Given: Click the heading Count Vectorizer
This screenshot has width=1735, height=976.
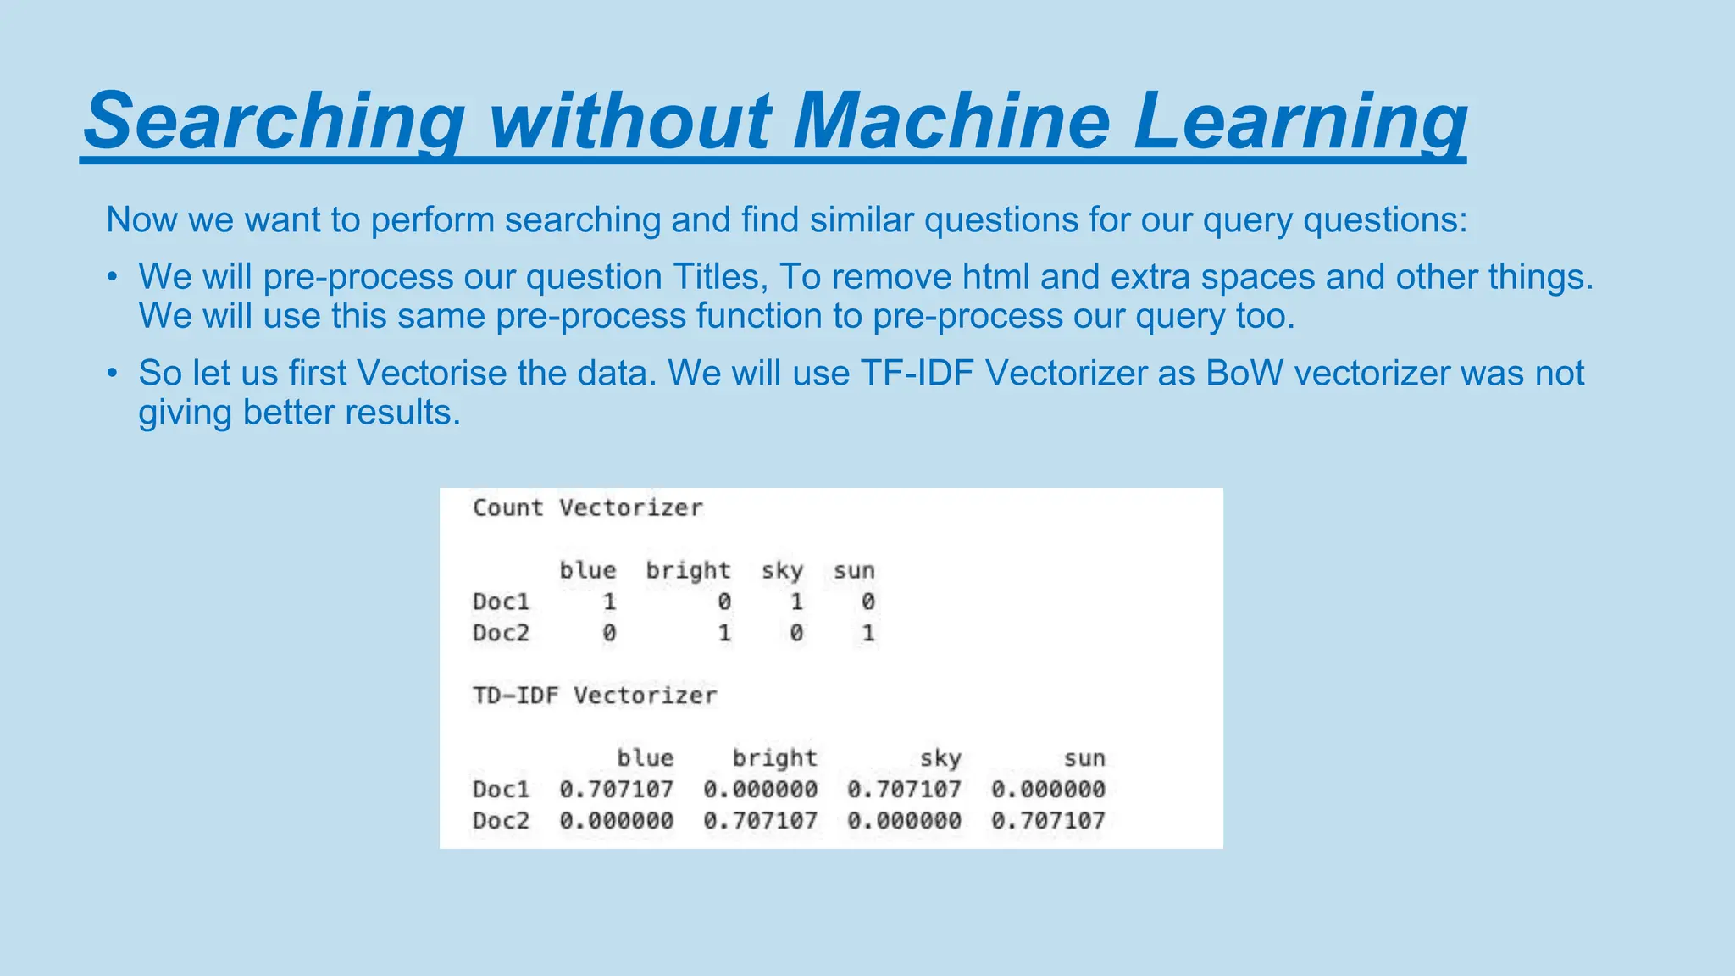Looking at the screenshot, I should click(587, 507).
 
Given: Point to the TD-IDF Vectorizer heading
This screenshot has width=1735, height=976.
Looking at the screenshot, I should click(595, 696).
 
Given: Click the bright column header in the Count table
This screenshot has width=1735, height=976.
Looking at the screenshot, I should click(688, 571).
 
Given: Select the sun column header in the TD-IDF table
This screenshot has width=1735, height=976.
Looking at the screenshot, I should click(1084, 758).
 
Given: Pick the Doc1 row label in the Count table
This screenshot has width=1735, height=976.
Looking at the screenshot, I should click(501, 602).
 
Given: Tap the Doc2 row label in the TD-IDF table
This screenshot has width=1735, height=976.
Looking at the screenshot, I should click(501, 820).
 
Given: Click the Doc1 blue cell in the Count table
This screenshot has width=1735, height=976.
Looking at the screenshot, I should click(609, 602).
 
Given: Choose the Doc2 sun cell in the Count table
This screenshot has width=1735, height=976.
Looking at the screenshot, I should click(867, 633).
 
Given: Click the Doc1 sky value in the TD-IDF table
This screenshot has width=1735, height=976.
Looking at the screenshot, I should click(904, 789).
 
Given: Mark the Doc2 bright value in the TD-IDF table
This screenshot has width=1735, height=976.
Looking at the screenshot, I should click(760, 820).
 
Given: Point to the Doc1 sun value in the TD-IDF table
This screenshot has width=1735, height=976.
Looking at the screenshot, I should click(1048, 789).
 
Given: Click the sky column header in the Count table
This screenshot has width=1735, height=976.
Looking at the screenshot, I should click(782, 571).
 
